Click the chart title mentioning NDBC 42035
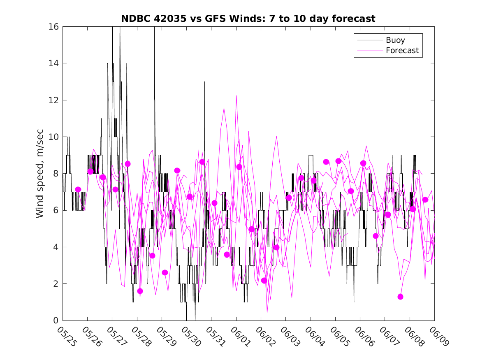click(x=248, y=19)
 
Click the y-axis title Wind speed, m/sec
click(x=40, y=173)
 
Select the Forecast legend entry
click(x=402, y=51)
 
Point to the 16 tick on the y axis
click(x=54, y=27)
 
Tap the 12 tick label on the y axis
click(x=54, y=100)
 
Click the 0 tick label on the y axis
click(x=56, y=321)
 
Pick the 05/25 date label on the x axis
click(x=66, y=337)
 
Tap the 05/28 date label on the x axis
click(x=141, y=337)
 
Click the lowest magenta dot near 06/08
click(x=400, y=297)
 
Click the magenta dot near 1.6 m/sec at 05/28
click(x=140, y=291)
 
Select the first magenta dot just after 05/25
click(x=78, y=189)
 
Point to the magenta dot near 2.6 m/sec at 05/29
click(x=165, y=272)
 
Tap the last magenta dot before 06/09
click(x=425, y=200)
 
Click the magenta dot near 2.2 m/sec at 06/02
click(x=264, y=280)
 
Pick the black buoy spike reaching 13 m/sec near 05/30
click(x=204, y=82)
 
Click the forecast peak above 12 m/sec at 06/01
click(x=237, y=96)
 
